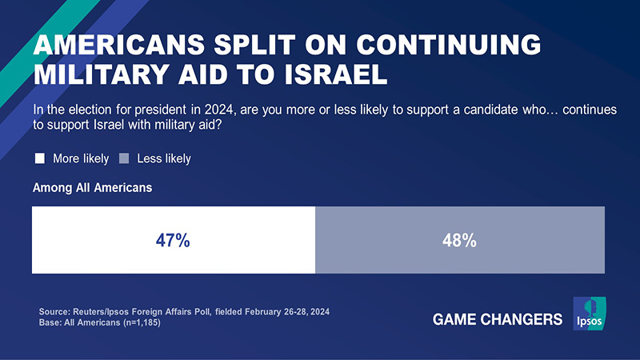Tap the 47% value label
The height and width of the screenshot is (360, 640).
(173, 240)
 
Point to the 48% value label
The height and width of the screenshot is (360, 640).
(459, 240)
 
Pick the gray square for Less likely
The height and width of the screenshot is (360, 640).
(124, 158)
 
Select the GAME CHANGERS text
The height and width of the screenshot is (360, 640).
(498, 320)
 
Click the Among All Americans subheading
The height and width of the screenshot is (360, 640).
(92, 189)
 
